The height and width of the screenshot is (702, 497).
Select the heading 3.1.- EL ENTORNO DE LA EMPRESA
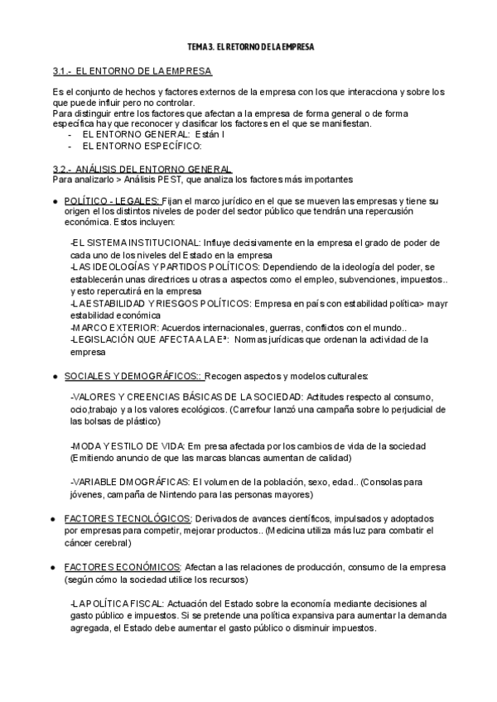(132, 72)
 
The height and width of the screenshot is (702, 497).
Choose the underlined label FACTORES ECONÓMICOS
(122, 567)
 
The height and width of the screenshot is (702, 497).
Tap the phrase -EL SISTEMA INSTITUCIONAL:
(134, 243)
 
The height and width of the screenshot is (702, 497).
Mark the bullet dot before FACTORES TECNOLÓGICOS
(54, 519)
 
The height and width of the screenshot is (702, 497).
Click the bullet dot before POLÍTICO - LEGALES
(54, 201)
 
